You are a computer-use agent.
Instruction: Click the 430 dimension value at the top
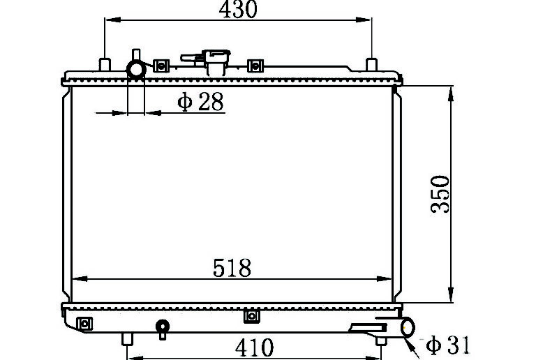pyautogui.click(x=238, y=9)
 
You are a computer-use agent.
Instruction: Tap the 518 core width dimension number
pyautogui.click(x=232, y=268)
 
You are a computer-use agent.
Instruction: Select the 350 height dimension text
pyautogui.click(x=440, y=195)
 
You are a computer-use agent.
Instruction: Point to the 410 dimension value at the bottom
pyautogui.click(x=254, y=347)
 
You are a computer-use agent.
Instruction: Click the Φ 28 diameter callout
pyautogui.click(x=201, y=101)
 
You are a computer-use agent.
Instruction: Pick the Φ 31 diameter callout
pyautogui.click(x=448, y=345)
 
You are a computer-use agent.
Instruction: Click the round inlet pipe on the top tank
pyautogui.click(x=136, y=70)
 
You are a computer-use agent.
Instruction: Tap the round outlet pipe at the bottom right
pyautogui.click(x=408, y=327)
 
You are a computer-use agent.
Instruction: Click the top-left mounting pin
pyautogui.click(x=105, y=64)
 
